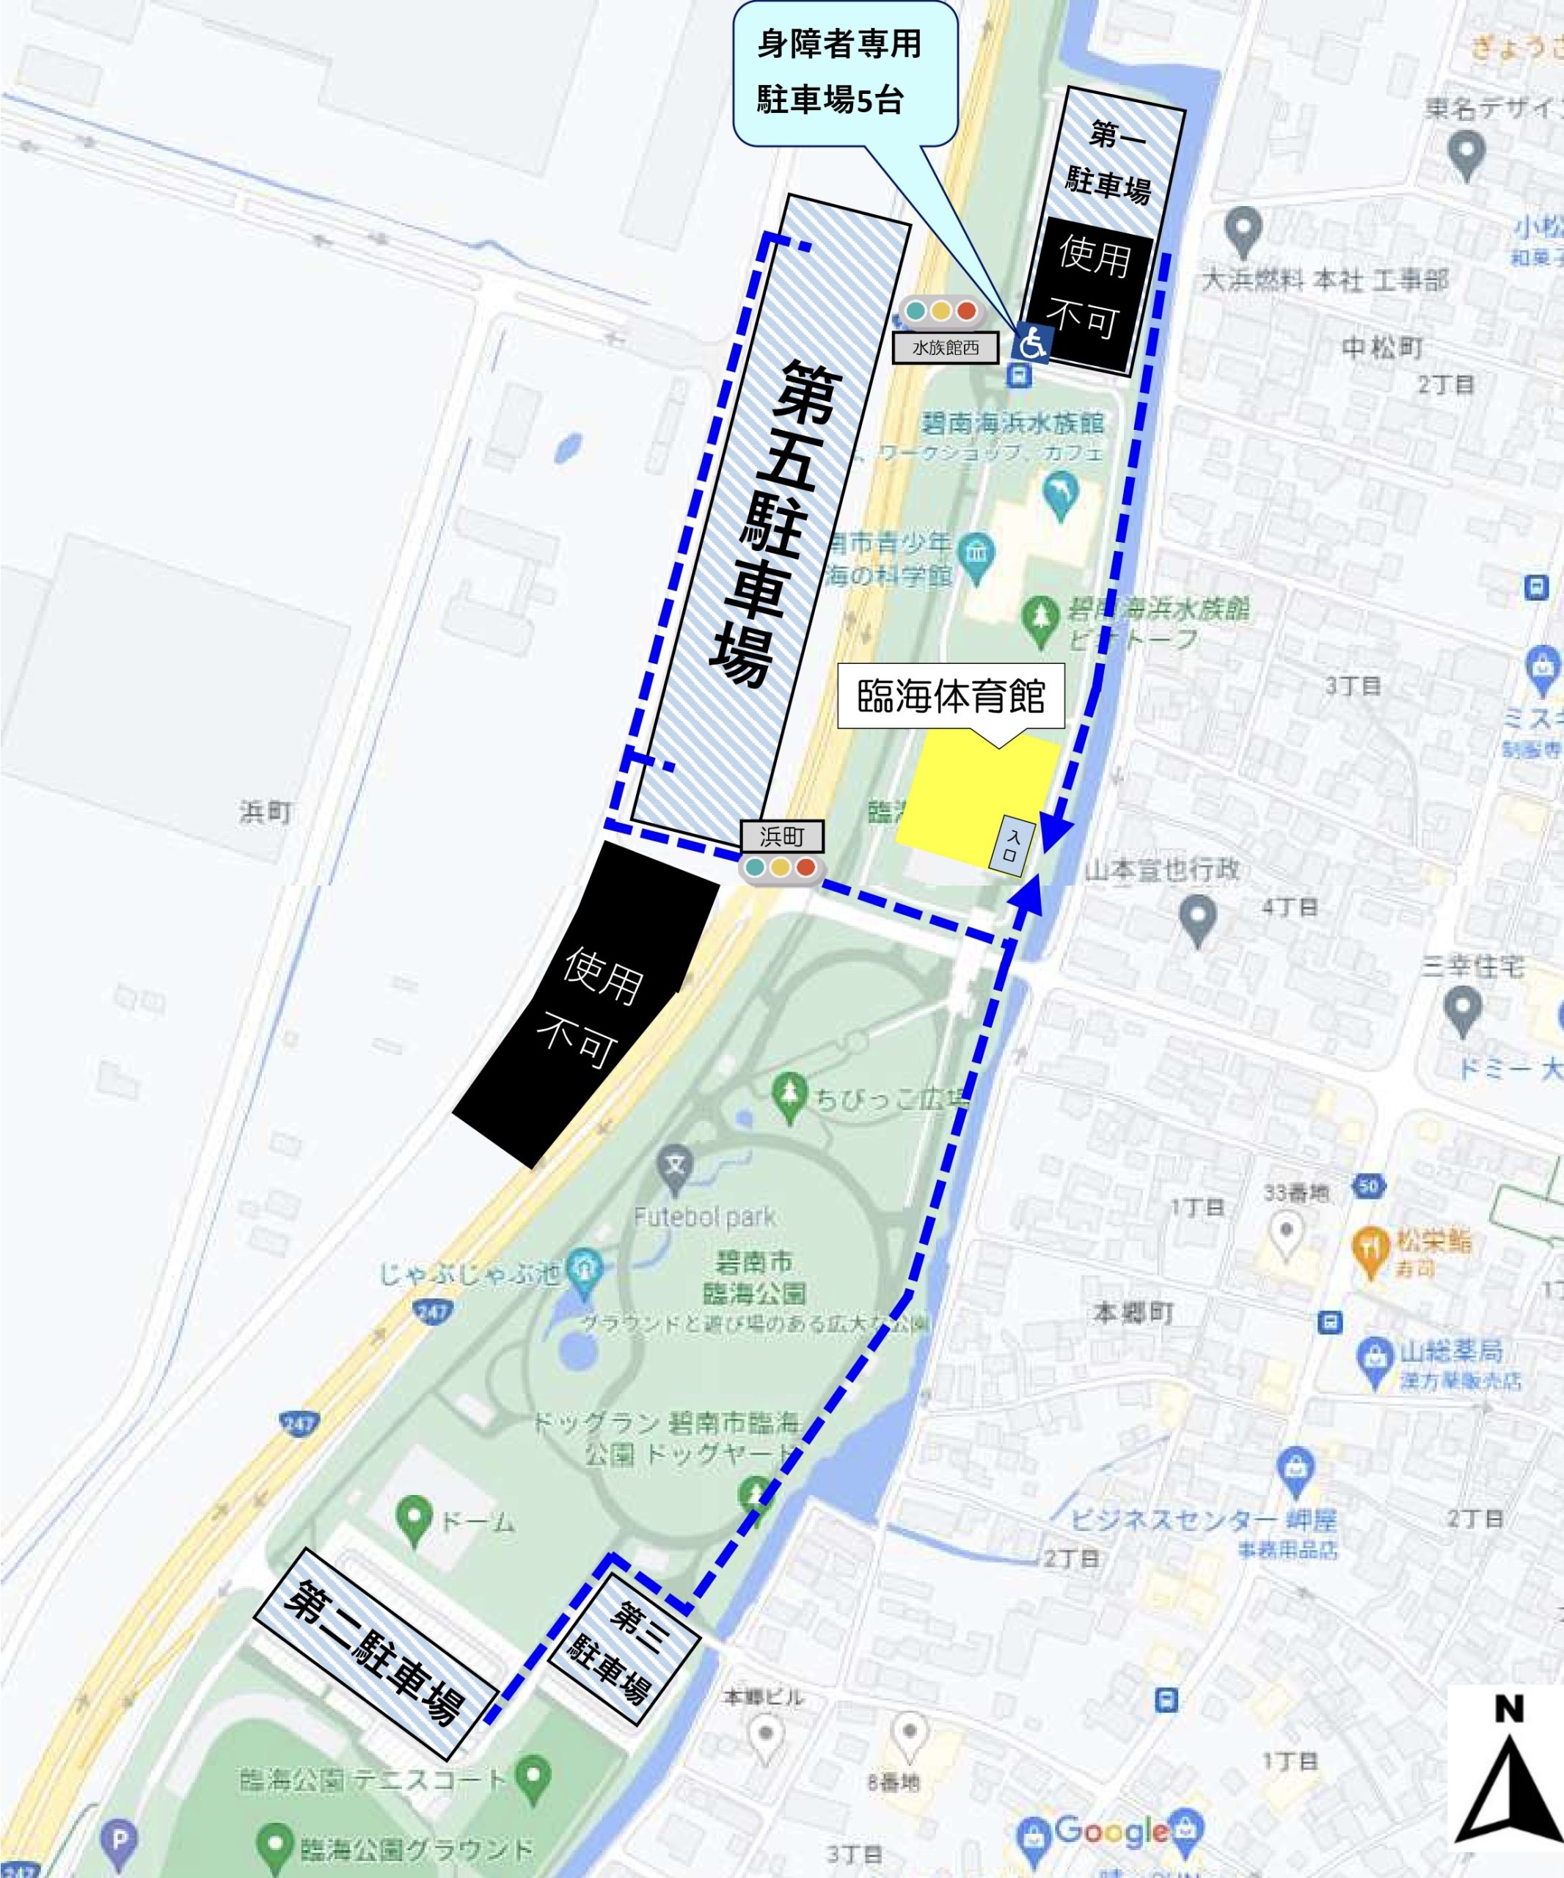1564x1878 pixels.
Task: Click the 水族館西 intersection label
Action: [x=945, y=348]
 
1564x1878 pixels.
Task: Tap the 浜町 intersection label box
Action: [x=781, y=837]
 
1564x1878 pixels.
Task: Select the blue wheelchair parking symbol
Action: [x=1033, y=342]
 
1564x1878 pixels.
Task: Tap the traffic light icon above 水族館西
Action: [x=940, y=311]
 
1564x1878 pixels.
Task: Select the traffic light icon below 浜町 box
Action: [x=781, y=867]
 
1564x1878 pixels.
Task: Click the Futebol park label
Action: [x=705, y=1217]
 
